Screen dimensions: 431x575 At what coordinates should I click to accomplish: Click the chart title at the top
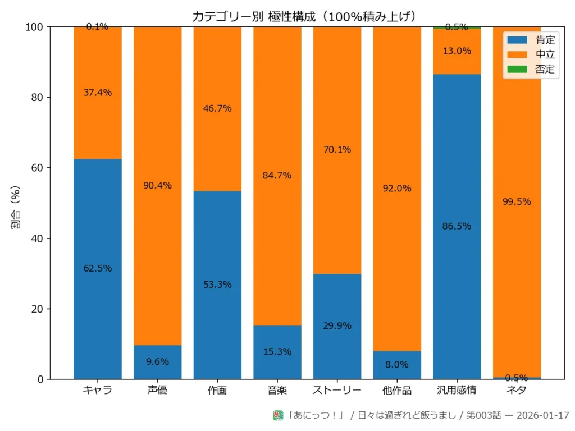(x=304, y=17)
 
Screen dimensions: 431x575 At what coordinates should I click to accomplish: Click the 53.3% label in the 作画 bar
(x=218, y=285)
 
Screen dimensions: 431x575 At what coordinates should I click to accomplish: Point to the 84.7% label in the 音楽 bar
(x=277, y=175)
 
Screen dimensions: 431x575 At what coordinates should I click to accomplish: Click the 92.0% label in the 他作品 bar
(x=397, y=189)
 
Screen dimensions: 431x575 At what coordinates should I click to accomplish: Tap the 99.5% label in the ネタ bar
(x=517, y=202)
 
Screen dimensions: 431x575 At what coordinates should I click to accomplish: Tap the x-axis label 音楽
(x=277, y=391)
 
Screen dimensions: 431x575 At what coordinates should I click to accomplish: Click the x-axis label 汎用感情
(x=457, y=391)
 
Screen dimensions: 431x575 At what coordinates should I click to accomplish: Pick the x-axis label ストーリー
(x=337, y=391)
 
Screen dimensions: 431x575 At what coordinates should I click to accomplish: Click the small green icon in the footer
(x=278, y=415)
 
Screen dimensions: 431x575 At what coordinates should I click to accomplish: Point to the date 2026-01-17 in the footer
(x=542, y=416)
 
